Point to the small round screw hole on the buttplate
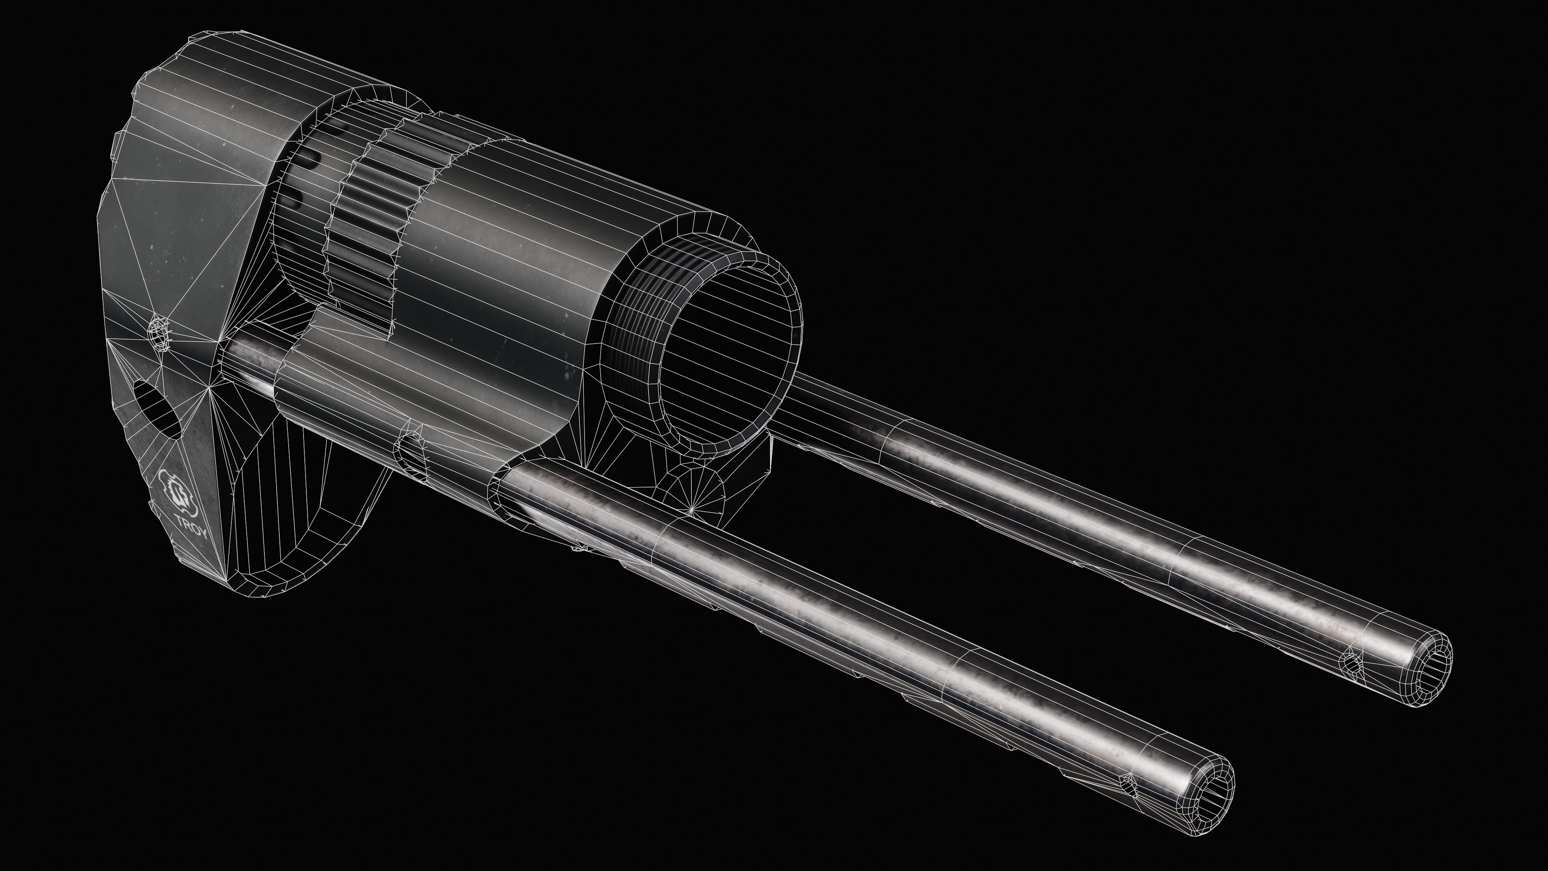point(159,332)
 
